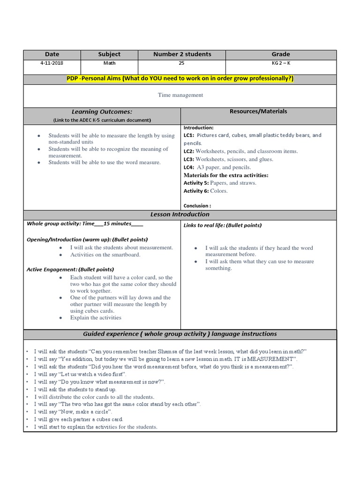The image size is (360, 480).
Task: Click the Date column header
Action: [x=52, y=54]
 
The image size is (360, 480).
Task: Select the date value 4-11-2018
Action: [x=52, y=63]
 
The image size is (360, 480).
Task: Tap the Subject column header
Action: [x=109, y=54]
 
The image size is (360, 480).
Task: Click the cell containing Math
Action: [x=109, y=63]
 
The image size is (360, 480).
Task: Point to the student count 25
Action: [x=182, y=63]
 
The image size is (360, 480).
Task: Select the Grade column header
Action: [x=281, y=54]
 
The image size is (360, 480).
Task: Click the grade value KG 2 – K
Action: [x=281, y=63]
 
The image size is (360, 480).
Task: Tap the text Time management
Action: [x=180, y=95]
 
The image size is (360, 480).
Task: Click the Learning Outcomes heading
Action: [x=102, y=112]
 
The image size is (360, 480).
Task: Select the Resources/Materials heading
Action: [x=258, y=112]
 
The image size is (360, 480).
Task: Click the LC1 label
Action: [x=189, y=135]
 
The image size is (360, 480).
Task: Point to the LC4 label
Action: [x=189, y=167]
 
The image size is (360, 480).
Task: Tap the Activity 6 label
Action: [x=196, y=191]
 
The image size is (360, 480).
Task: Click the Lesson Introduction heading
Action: [x=180, y=215]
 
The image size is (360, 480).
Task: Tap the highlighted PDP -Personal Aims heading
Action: [x=180, y=79]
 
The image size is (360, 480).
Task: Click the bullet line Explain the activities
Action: [x=96, y=318]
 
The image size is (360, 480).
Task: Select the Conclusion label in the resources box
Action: [x=197, y=205]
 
